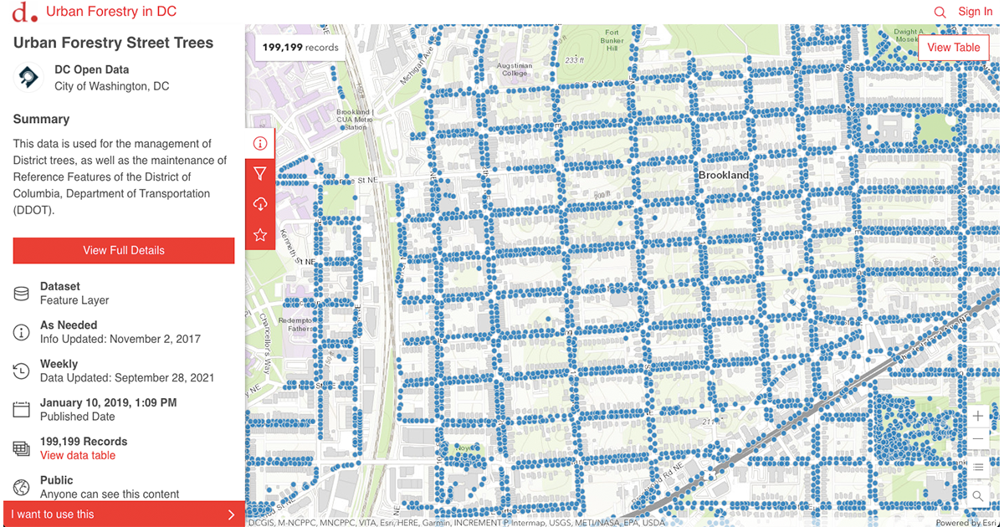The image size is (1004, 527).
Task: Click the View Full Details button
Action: [x=124, y=250]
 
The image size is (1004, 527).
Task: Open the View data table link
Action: [x=78, y=455]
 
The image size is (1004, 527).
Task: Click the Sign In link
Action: [x=975, y=12]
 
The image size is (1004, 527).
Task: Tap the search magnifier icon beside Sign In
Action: [x=940, y=13]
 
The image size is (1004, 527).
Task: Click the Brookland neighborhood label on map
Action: [x=724, y=176]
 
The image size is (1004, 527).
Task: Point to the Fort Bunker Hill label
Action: [x=612, y=40]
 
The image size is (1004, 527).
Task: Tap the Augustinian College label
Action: [x=513, y=69]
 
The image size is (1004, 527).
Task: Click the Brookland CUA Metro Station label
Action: [x=352, y=120]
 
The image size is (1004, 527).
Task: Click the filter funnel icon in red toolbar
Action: [x=260, y=174]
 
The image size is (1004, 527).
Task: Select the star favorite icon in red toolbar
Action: [x=260, y=235]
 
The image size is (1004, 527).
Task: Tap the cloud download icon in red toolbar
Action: [x=260, y=205]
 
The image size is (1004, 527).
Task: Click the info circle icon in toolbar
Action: [x=260, y=143]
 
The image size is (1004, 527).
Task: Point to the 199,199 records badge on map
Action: [x=300, y=47]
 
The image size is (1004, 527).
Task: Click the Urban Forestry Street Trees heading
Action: [x=113, y=43]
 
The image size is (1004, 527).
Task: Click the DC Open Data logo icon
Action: [x=28, y=78]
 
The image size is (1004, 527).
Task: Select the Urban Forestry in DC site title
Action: [x=110, y=12]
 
